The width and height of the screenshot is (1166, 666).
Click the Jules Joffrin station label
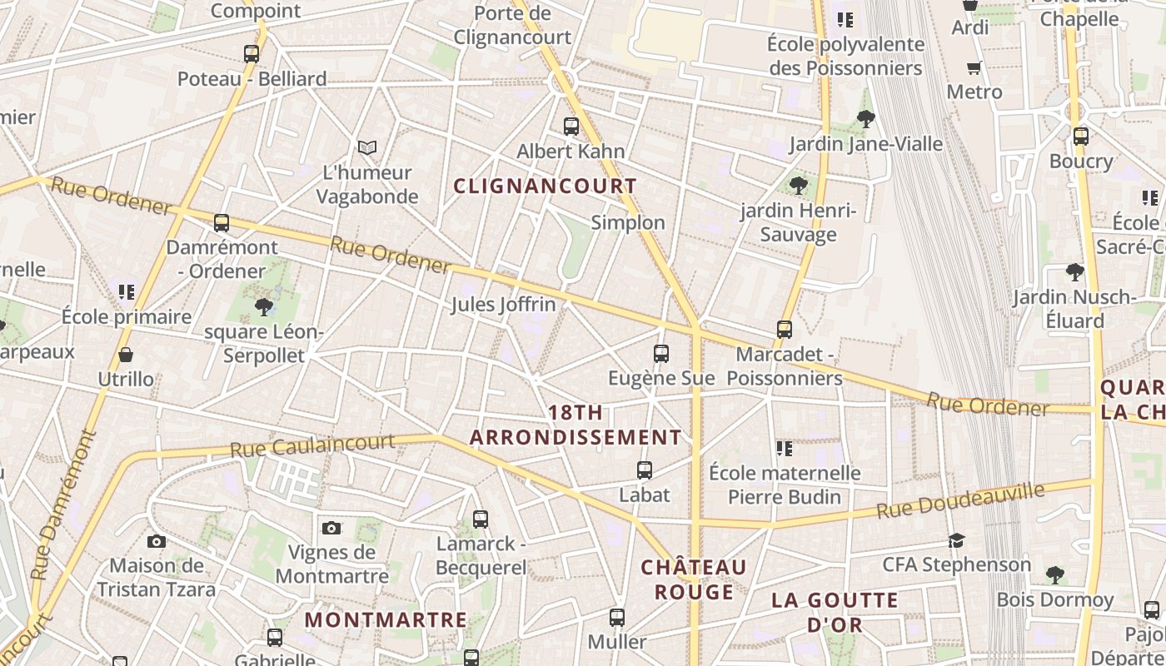pyautogui.click(x=503, y=305)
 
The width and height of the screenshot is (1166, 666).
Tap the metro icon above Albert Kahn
pyautogui.click(x=571, y=127)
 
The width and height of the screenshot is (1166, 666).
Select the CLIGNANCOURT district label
pyautogui.click(x=546, y=186)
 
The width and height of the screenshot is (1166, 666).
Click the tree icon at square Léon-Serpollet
pyautogui.click(x=264, y=307)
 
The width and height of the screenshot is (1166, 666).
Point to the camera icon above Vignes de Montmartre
pyautogui.click(x=331, y=528)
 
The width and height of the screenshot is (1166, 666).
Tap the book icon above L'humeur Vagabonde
pyautogui.click(x=367, y=147)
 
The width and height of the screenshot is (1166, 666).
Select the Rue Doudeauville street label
pyautogui.click(x=960, y=499)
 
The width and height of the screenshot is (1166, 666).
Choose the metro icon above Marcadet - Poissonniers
pyautogui.click(x=784, y=330)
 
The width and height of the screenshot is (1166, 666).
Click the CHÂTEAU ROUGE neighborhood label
pyautogui.click(x=694, y=579)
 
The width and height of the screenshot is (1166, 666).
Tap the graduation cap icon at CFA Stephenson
pyautogui.click(x=956, y=541)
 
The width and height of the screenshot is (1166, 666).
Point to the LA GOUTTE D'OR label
pyautogui.click(x=835, y=612)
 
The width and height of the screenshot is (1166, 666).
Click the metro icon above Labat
pyautogui.click(x=644, y=470)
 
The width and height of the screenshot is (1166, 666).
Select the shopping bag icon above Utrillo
pyautogui.click(x=126, y=355)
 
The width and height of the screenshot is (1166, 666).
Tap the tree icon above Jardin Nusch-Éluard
pyautogui.click(x=1074, y=272)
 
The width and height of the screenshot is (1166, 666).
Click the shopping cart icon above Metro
pyautogui.click(x=974, y=67)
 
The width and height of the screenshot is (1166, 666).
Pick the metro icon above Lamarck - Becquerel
pyautogui.click(x=481, y=519)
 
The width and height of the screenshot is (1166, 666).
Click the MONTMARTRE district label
pyautogui.click(x=386, y=620)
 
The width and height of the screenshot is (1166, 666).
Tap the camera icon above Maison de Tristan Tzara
pyautogui.click(x=156, y=542)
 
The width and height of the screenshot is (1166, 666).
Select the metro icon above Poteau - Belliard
pyautogui.click(x=252, y=54)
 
